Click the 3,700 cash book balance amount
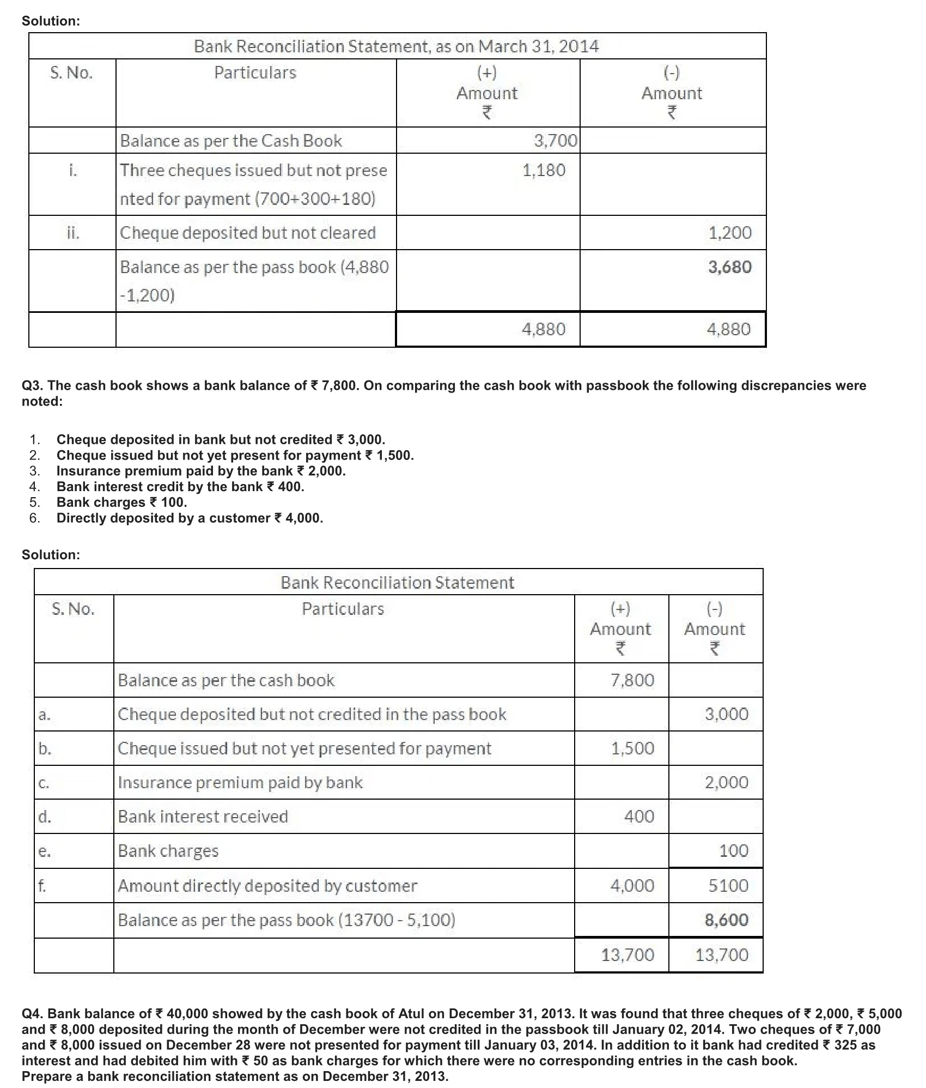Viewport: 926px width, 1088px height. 555,141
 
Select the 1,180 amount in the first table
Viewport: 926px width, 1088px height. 544,170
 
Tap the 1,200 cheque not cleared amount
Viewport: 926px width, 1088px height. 729,233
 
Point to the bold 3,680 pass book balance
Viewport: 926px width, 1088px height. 729,267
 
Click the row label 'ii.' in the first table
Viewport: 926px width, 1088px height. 72,233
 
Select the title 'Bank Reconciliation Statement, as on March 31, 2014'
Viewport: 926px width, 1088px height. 396,46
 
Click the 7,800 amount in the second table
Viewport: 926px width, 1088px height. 632,680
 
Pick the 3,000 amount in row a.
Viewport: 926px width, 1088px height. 726,714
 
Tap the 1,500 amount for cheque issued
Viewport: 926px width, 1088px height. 632,748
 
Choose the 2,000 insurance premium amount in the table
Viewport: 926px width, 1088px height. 726,782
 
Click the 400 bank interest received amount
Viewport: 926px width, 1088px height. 639,816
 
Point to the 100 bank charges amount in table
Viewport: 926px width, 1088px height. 733,850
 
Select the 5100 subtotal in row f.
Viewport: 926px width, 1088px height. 728,885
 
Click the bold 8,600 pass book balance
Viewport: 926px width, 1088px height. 726,920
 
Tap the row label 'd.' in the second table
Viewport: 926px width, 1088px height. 45,816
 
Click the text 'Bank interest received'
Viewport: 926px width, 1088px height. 203,816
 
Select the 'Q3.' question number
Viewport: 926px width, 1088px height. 32,385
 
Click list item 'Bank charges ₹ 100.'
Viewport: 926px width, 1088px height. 121,502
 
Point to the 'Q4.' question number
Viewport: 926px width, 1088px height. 32,1013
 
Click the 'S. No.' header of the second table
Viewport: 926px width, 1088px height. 73,609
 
